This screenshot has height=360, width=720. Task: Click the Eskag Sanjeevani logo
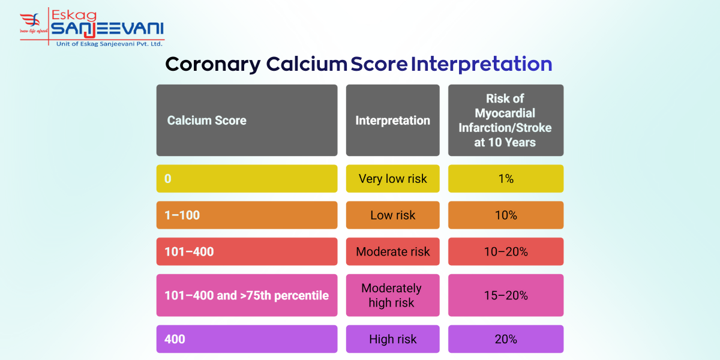pos(91,27)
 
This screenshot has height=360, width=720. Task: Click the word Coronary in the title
pos(213,64)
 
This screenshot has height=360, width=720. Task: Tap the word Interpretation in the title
pos(481,64)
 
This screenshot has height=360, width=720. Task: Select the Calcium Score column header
pos(247,121)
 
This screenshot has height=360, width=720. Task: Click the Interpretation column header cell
pos(392,121)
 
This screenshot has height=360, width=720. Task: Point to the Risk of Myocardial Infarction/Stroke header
pos(505,121)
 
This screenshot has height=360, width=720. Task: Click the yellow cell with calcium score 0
pos(247,179)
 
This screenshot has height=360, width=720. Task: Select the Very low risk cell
pos(392,179)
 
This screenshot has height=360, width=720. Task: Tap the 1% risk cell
pos(505,179)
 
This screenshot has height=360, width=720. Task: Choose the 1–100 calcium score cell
pos(247,215)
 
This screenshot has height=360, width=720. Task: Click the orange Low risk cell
pos(392,215)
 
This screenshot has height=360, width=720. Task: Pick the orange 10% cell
pos(505,215)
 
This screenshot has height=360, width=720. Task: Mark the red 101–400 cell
pos(247,251)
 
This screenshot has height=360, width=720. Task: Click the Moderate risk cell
pos(392,251)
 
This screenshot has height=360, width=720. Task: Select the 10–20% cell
pos(505,251)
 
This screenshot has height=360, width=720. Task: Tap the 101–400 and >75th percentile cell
pos(247,295)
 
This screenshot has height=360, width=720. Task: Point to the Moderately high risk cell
pos(392,295)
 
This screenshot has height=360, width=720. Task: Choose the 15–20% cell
pos(505,295)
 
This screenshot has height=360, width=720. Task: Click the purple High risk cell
pos(392,339)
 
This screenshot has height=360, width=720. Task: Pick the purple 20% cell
pos(505,339)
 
